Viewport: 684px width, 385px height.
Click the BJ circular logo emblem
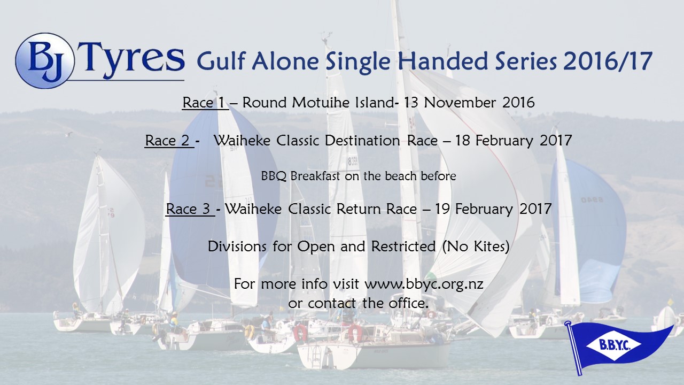point(44,60)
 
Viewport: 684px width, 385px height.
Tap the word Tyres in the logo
point(131,59)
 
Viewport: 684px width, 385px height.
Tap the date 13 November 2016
point(469,102)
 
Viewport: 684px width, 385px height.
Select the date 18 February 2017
point(514,141)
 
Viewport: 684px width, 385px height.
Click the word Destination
point(362,141)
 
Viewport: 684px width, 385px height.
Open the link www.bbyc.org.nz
point(424,284)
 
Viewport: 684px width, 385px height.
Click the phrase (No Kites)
point(476,247)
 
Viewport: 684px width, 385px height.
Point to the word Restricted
point(403,247)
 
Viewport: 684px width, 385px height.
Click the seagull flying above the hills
point(69,134)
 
